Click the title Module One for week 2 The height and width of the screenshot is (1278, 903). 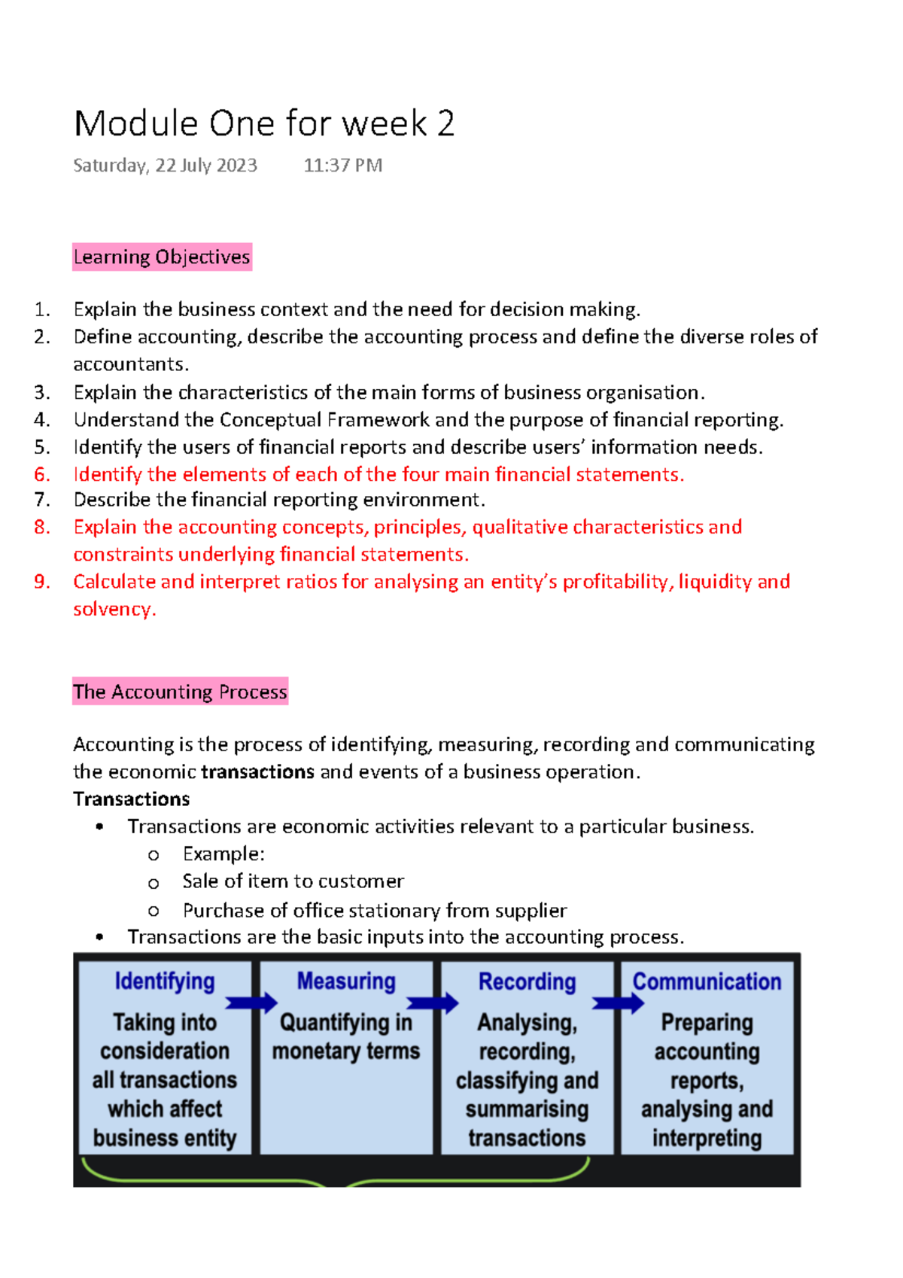pyautogui.click(x=264, y=123)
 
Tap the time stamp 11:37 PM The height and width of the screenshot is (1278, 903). pyautogui.click(x=342, y=166)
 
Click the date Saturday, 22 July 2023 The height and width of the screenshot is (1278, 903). pyautogui.click(x=165, y=166)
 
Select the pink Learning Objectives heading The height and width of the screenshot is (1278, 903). pyautogui.click(x=162, y=257)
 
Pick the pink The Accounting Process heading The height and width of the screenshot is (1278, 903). pyautogui.click(x=180, y=691)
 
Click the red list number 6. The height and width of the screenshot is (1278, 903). pyautogui.click(x=42, y=475)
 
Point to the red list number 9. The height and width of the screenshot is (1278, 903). pyautogui.click(x=42, y=582)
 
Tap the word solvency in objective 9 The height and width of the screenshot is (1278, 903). pyautogui.click(x=113, y=609)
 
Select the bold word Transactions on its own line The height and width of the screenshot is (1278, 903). pyautogui.click(x=131, y=799)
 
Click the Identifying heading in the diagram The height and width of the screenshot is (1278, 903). pyautogui.click(x=165, y=981)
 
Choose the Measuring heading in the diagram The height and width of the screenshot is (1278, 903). pyautogui.click(x=346, y=981)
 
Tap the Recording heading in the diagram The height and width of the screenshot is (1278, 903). pyautogui.click(x=527, y=981)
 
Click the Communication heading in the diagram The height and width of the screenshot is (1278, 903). pyautogui.click(x=707, y=981)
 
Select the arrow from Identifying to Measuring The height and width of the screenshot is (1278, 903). pyautogui.click(x=251, y=1003)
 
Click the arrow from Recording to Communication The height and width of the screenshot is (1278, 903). pyautogui.click(x=618, y=1003)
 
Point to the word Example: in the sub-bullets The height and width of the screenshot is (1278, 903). pyautogui.click(x=223, y=854)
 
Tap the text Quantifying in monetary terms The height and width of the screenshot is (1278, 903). pyautogui.click(x=346, y=1036)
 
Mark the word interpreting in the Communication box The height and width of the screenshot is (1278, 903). pyautogui.click(x=707, y=1138)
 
